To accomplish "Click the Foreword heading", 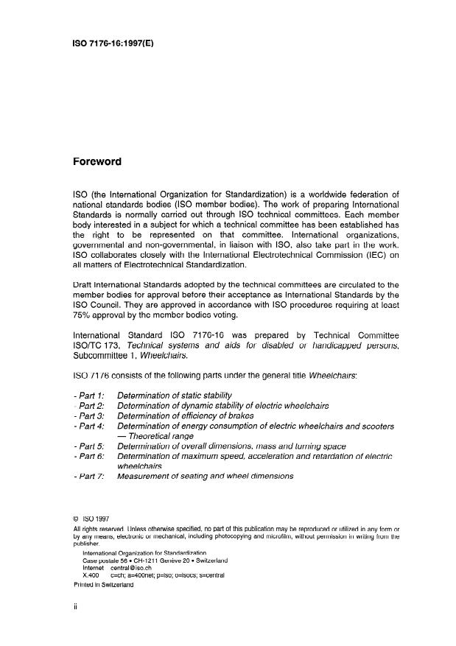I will tap(97, 161).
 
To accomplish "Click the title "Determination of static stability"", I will tap(175, 396).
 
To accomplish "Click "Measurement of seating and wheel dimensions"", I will tap(206, 477).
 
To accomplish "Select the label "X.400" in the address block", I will tap(93, 575).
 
